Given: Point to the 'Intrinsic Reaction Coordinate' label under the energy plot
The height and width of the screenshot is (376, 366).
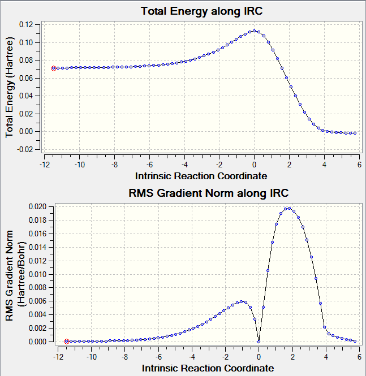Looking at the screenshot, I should click(201, 176).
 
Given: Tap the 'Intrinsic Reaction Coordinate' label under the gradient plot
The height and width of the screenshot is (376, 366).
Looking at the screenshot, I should click(208, 368).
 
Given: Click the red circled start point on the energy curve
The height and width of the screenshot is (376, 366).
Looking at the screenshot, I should click(54, 68).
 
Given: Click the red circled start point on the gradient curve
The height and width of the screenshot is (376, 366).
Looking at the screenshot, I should click(67, 342).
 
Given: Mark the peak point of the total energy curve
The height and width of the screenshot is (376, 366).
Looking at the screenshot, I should click(255, 31).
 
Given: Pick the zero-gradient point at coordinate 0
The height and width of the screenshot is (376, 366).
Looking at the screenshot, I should click(259, 342).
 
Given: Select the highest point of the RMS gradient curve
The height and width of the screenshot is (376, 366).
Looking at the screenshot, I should click(289, 208).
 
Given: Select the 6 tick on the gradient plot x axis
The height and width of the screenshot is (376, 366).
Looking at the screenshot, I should click(360, 357).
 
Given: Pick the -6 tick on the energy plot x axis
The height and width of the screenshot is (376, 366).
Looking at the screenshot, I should click(149, 165).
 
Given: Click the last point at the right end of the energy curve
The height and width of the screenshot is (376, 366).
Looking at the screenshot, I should click(355, 133).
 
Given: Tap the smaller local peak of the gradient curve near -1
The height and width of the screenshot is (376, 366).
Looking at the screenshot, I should click(242, 301).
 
